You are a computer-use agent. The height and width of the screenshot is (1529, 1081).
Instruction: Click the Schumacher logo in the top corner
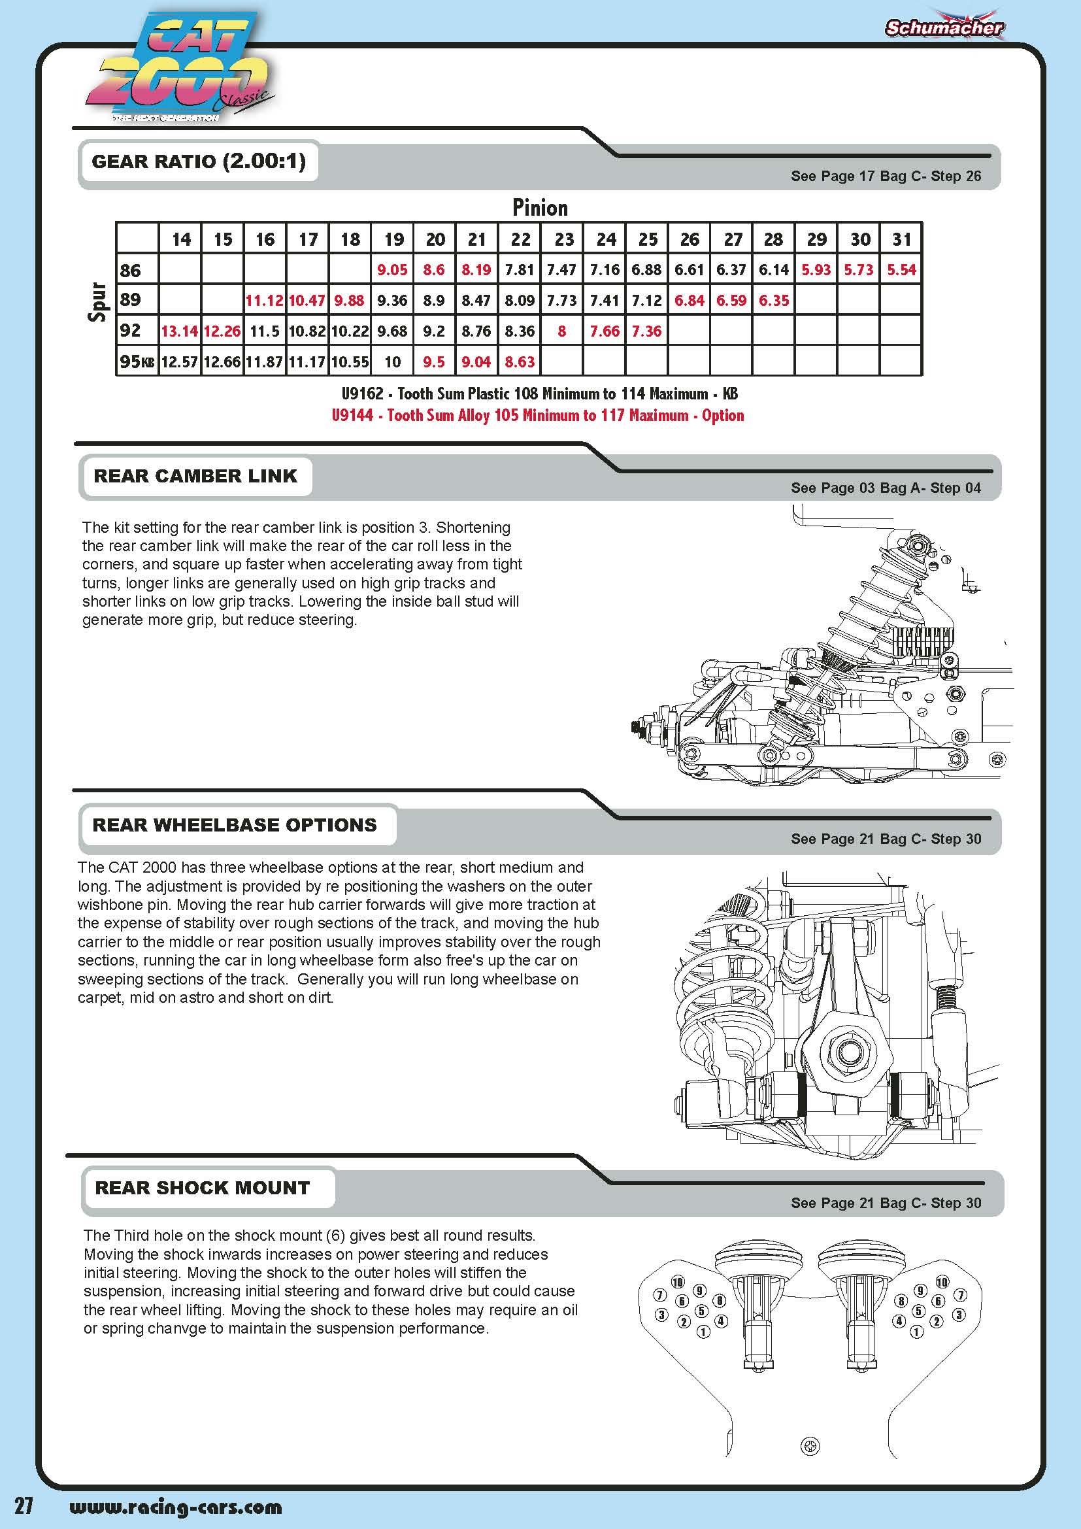tap(943, 27)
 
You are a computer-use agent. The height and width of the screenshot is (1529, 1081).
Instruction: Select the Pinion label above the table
tap(540, 208)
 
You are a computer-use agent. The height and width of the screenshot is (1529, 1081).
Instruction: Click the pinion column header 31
tap(901, 239)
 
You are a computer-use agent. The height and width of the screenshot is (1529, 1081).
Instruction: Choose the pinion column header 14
tap(181, 239)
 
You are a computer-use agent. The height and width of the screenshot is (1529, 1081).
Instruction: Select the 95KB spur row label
tap(137, 361)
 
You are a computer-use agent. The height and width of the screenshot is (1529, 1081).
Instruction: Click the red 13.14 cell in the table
tap(180, 331)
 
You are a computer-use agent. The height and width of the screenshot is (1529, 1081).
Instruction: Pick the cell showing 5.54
tap(901, 270)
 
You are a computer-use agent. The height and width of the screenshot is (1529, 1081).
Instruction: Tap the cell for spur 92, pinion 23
tap(562, 331)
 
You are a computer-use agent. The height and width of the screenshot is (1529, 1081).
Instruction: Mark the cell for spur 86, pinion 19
tap(392, 270)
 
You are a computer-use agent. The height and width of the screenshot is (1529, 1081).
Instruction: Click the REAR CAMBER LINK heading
tap(195, 476)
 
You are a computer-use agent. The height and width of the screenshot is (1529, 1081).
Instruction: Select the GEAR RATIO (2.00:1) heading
tap(199, 161)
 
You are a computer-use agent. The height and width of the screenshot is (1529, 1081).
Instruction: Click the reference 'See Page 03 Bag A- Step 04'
tap(886, 488)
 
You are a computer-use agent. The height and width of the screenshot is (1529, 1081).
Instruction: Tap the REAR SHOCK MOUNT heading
tap(203, 1187)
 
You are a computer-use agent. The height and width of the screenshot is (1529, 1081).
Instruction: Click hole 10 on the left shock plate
tap(678, 1282)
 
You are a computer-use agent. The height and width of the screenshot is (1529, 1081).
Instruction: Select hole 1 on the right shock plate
tap(916, 1332)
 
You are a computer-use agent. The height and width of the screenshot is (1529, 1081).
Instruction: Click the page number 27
tap(24, 1505)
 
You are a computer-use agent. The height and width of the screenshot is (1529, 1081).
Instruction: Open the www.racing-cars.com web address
tap(176, 1506)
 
